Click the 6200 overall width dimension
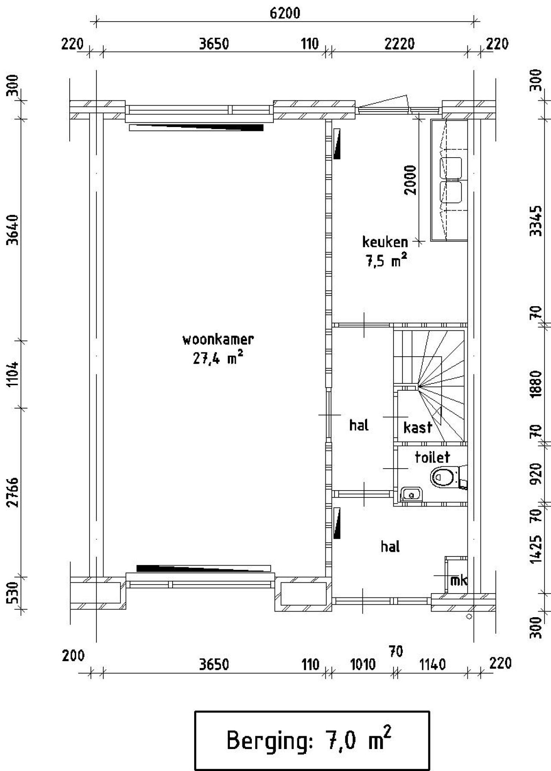click(285, 13)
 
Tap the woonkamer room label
click(218, 340)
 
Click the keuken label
click(385, 242)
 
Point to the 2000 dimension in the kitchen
click(411, 180)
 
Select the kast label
click(418, 428)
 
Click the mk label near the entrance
click(458, 581)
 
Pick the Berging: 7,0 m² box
click(312, 740)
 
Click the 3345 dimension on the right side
click(535, 221)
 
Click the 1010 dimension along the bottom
click(363, 665)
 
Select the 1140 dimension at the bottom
click(432, 665)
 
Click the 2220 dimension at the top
click(399, 44)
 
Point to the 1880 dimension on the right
click(535, 383)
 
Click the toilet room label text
click(432, 457)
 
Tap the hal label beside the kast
click(359, 426)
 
